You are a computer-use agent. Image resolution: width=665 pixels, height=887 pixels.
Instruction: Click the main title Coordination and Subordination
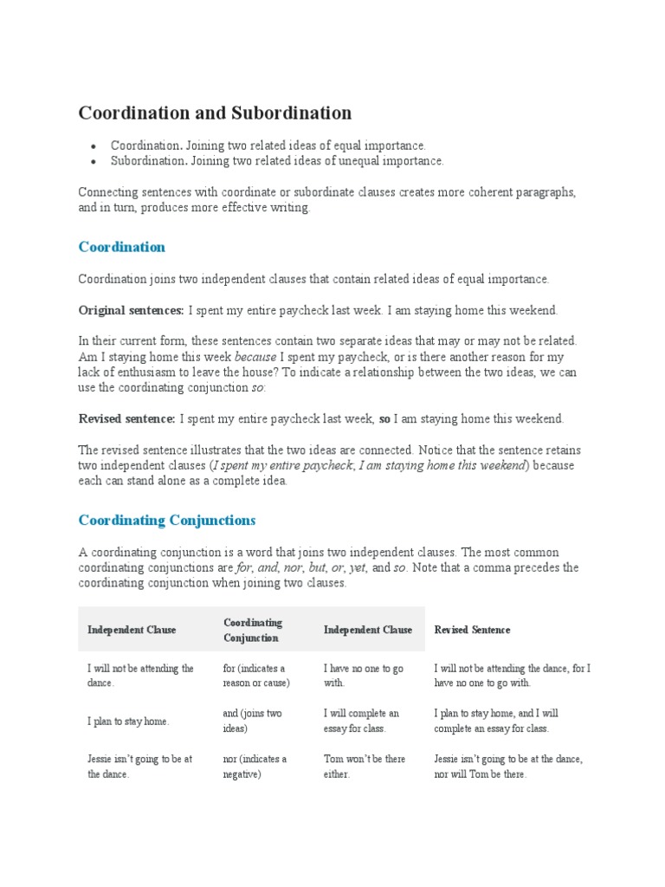[215, 113]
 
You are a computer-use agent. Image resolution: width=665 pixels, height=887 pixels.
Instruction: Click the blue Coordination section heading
[121, 247]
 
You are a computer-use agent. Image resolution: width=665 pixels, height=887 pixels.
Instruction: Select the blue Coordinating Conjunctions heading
[166, 521]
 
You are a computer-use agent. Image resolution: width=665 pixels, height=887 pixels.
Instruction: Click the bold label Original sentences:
[131, 310]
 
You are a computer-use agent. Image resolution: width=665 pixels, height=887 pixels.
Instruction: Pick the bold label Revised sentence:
[126, 419]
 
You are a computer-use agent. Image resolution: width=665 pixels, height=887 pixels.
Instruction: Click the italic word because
[255, 357]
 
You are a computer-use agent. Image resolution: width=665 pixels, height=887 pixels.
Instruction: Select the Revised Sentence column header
[472, 630]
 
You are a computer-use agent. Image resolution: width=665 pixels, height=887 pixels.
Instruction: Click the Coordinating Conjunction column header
[253, 630]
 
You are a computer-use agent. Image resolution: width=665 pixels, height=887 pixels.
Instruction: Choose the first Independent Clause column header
[131, 630]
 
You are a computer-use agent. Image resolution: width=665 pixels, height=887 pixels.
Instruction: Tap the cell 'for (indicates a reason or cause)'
[255, 676]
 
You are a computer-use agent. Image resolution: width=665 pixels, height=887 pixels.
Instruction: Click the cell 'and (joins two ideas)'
[252, 721]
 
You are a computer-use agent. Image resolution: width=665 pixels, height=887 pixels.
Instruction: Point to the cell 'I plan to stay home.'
[128, 722]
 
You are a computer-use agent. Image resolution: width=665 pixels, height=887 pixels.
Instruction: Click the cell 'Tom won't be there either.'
[364, 766]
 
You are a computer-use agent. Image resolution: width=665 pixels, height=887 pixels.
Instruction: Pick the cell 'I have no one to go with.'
[363, 676]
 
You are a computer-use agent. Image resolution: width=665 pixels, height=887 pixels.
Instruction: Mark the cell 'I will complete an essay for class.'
[361, 721]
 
